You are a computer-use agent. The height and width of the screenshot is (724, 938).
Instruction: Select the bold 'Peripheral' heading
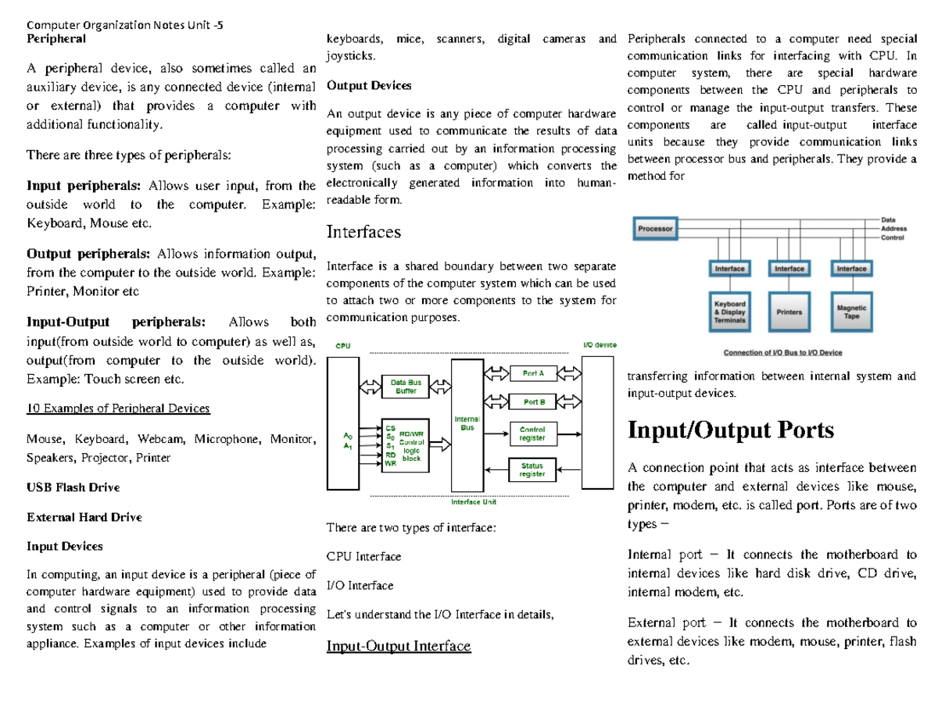[56, 37]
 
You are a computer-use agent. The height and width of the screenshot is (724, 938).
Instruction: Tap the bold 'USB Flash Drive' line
[73, 487]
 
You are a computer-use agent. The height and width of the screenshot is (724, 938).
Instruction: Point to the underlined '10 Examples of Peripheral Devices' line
[118, 408]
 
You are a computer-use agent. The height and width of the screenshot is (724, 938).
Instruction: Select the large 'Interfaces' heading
[363, 231]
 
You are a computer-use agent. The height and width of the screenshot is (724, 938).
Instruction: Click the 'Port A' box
[534, 374]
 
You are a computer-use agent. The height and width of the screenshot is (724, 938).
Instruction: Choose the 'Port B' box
[534, 402]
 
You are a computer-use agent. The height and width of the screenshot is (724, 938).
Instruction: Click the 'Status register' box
[532, 469]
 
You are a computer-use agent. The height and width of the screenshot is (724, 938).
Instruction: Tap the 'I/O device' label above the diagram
[600, 344]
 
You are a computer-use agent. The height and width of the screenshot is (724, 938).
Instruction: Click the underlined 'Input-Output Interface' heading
[399, 646]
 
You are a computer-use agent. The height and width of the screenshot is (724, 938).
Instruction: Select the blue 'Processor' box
[655, 229]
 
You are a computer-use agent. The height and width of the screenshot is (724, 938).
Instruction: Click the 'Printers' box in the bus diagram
[789, 311]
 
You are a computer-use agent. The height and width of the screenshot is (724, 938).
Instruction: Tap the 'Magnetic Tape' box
[851, 312]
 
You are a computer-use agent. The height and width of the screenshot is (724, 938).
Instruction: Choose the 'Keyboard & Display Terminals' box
[730, 311]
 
